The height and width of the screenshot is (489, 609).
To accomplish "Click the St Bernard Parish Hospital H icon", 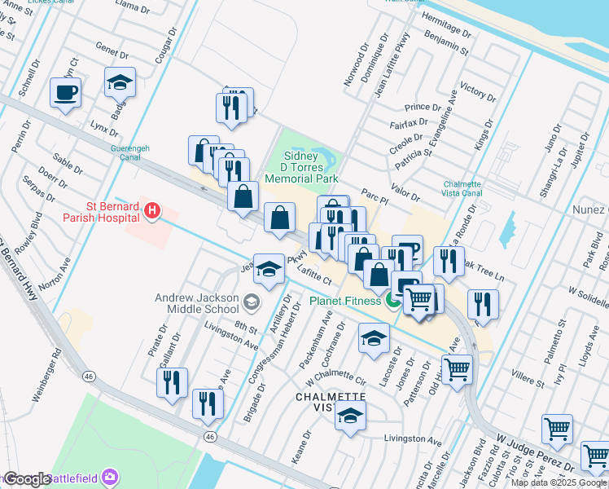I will (151, 212).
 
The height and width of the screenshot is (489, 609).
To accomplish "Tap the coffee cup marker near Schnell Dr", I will (66, 91).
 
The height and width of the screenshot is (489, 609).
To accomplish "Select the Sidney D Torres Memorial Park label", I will (310, 167).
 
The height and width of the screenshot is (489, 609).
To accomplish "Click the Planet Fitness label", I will (344, 301).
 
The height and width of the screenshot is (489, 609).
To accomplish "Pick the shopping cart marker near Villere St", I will (457, 369).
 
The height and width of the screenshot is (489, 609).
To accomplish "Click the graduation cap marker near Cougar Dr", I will (120, 81).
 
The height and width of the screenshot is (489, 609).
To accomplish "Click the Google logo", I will (27, 479).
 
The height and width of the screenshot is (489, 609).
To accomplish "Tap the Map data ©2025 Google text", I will (559, 482).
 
